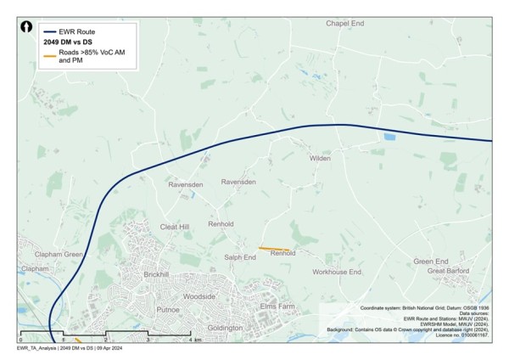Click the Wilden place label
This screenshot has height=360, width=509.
point(320,158)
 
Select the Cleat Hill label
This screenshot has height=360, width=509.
point(175,227)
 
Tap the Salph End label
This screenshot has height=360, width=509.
point(239,256)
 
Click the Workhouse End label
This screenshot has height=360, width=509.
point(337,272)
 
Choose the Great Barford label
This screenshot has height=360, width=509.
point(449,272)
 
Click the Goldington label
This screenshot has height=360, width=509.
point(225,328)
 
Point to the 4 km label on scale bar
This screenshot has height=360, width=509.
point(195,340)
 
